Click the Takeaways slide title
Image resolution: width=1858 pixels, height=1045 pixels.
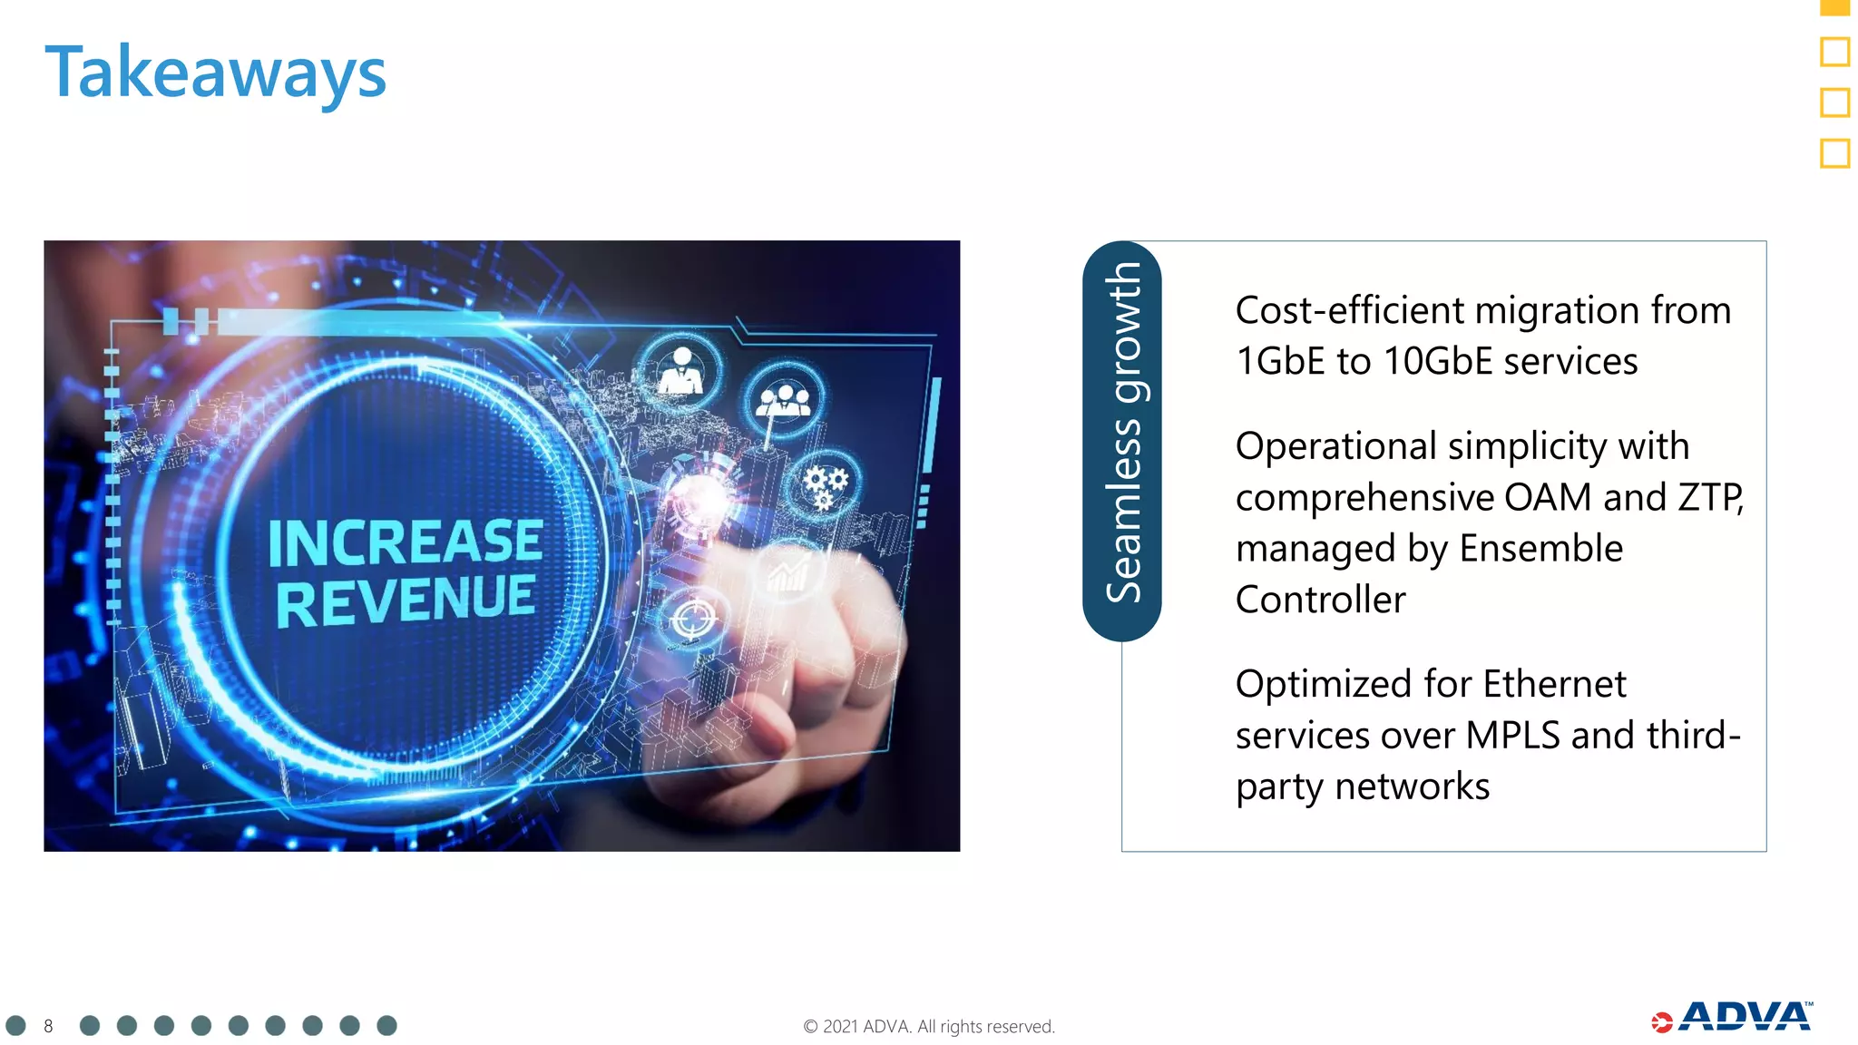[215, 73]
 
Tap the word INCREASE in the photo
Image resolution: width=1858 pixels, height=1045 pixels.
[406, 542]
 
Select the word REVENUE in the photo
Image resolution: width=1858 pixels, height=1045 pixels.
[406, 601]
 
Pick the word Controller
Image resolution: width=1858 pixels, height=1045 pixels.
[1320, 600]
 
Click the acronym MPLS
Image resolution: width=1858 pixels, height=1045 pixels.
[1512, 735]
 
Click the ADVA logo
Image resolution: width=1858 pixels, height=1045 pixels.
[1733, 1018]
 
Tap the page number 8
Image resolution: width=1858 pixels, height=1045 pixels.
[48, 1026]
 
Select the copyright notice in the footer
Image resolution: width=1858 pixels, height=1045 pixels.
[928, 1026]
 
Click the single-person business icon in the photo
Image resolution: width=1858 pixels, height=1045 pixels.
[680, 371]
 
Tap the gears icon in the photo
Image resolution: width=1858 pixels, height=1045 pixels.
[825, 485]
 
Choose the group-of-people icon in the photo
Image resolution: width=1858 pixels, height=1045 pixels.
[785, 400]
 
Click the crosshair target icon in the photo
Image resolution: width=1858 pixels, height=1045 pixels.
[694, 619]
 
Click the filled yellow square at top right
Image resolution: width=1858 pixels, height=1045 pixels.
[1834, 6]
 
